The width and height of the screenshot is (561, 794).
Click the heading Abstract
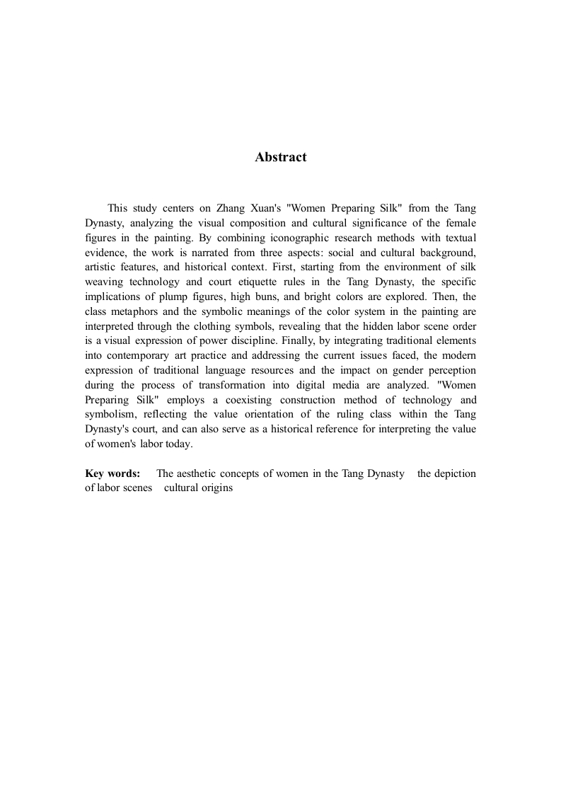tap(280, 157)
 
